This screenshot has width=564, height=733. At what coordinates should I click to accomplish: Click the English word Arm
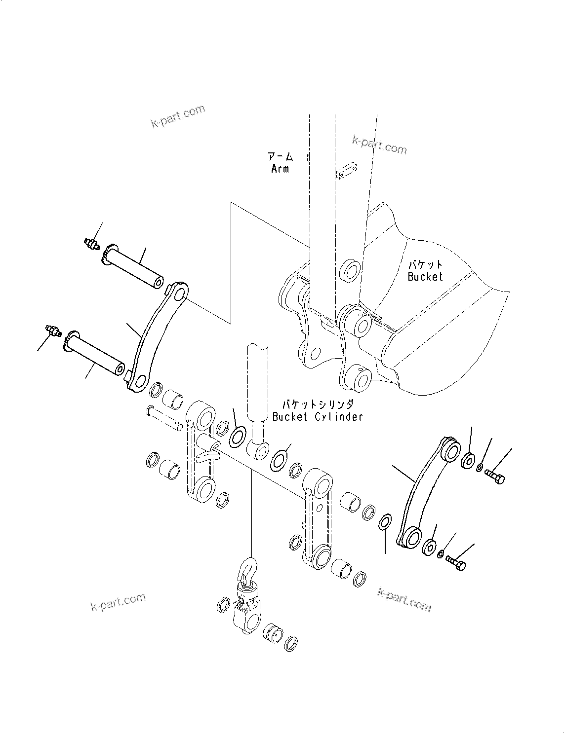(280, 169)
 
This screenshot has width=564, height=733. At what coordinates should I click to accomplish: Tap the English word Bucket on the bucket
(425, 277)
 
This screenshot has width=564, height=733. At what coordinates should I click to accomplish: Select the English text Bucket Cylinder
(318, 417)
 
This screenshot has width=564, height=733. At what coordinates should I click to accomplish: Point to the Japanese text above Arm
(281, 157)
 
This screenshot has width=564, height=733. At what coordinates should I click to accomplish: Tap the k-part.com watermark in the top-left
(178, 116)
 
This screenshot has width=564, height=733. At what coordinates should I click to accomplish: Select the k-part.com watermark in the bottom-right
(404, 599)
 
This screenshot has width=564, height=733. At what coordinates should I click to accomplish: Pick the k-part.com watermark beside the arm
(379, 145)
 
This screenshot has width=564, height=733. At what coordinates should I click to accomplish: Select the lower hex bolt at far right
(455, 563)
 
